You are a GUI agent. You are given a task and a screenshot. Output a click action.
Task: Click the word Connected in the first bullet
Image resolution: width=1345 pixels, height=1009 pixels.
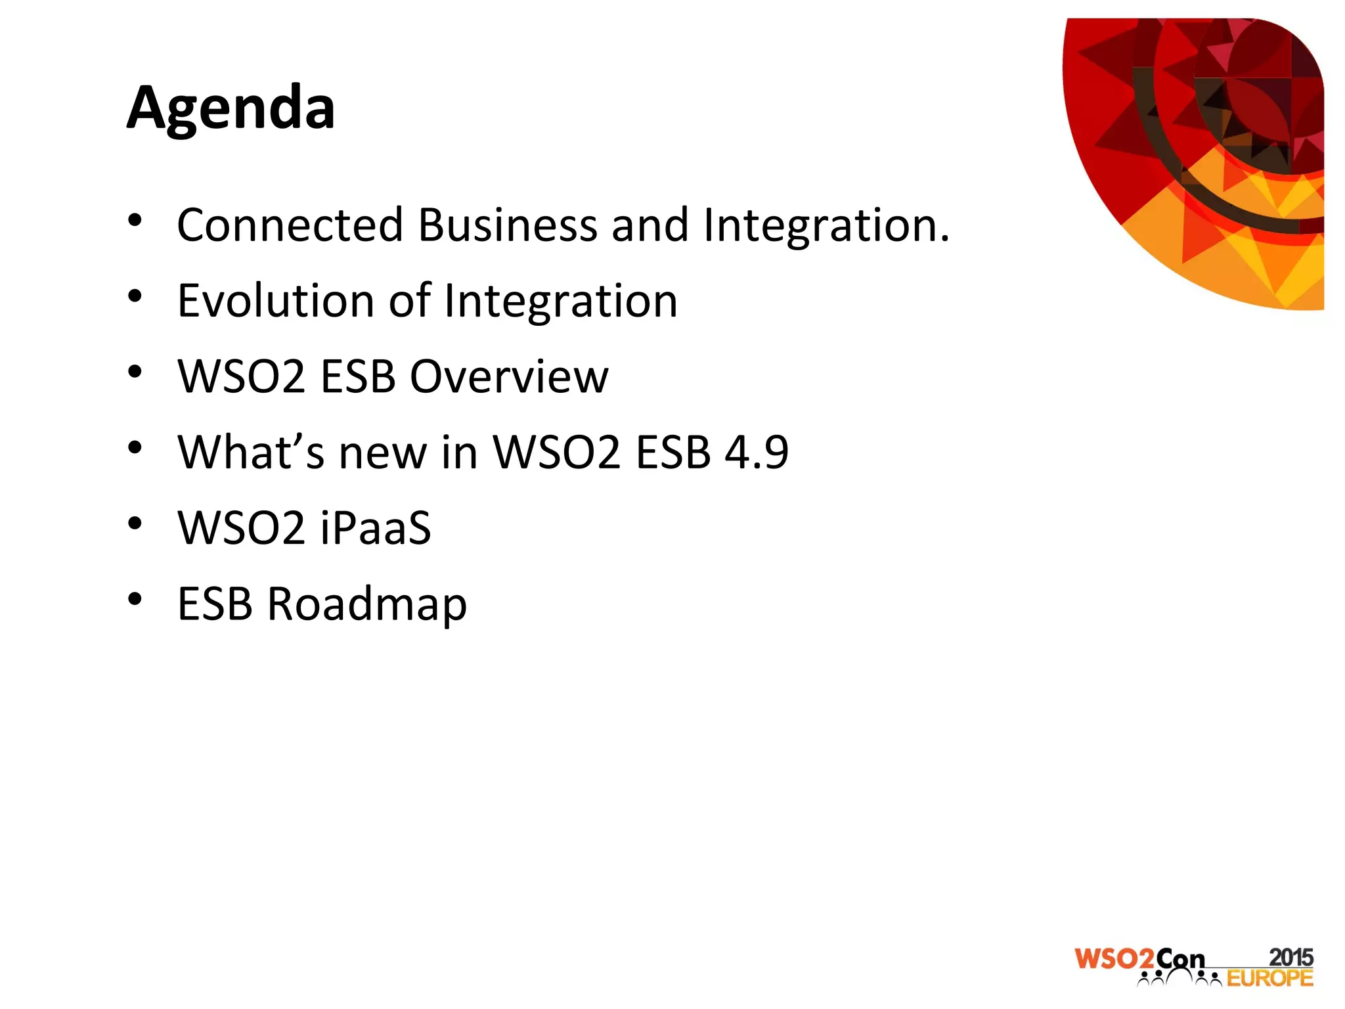click(x=290, y=225)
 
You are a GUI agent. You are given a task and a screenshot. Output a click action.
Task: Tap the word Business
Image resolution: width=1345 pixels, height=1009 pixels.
click(x=507, y=225)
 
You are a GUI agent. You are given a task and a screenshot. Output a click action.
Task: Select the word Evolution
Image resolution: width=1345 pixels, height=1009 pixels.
click(x=276, y=301)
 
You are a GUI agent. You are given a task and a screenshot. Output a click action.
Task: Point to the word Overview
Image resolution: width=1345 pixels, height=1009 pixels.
click(x=509, y=377)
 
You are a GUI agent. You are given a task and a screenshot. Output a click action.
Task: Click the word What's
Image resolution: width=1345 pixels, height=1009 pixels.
click(x=251, y=452)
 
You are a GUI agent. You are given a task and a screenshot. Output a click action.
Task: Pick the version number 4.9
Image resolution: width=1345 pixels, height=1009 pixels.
click(x=756, y=452)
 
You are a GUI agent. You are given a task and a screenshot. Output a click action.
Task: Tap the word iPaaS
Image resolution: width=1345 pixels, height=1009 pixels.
click(x=376, y=527)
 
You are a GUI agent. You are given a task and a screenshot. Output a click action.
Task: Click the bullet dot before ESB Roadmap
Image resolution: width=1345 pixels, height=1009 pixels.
click(x=135, y=599)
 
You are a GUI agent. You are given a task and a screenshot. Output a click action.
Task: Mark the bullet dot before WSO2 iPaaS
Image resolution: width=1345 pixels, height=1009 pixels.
click(x=135, y=524)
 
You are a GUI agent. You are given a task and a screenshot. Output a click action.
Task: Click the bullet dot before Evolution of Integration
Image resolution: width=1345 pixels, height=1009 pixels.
click(x=135, y=296)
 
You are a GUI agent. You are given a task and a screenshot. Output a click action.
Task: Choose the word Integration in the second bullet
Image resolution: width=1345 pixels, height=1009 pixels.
click(x=560, y=301)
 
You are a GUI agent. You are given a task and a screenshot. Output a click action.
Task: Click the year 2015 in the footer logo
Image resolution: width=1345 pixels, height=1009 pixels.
click(x=1290, y=957)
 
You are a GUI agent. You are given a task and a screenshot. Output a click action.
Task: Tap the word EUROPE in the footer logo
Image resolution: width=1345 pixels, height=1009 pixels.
click(x=1269, y=979)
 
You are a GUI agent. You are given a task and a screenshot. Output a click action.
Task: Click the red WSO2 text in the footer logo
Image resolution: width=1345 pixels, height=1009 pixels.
click(x=1114, y=959)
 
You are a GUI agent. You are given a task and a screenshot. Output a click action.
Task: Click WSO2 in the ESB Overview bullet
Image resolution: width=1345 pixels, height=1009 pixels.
click(x=242, y=377)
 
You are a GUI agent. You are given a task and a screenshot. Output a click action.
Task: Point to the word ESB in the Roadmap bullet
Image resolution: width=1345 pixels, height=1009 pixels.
click(x=215, y=604)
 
